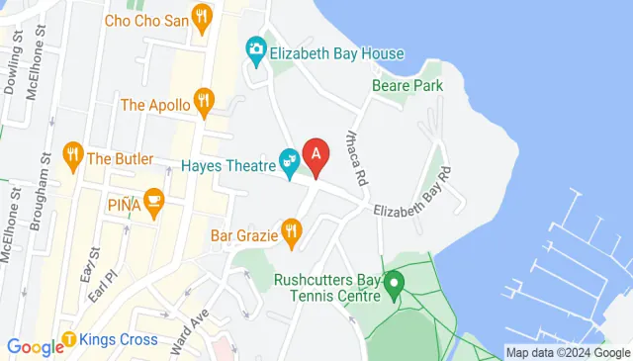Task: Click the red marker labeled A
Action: tap(316, 155)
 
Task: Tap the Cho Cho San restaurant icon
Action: tap(203, 16)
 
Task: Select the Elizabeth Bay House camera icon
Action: tap(255, 49)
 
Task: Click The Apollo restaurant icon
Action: tap(204, 99)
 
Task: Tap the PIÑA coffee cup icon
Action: tap(152, 202)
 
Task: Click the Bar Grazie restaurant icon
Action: tap(290, 232)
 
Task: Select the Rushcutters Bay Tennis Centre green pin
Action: tap(394, 287)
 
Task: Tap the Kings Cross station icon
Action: tap(70, 340)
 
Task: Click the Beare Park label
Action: tap(407, 86)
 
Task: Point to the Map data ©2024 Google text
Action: tap(567, 352)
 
